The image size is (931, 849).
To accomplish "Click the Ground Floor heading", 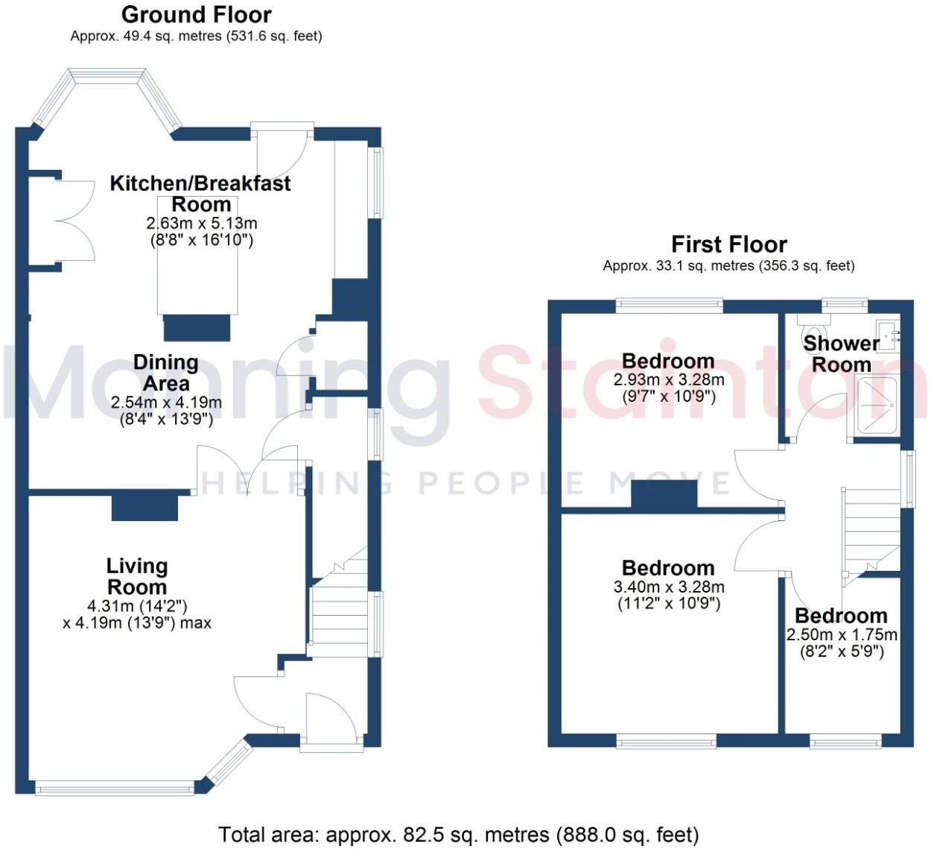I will tap(196, 14).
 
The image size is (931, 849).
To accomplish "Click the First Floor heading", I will tap(728, 244).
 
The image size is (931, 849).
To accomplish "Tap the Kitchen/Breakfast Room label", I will tap(200, 193).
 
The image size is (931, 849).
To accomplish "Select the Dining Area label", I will tap(165, 373).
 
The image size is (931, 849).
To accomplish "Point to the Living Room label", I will tap(137, 575).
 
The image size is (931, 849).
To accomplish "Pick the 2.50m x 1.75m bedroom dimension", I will tap(842, 635).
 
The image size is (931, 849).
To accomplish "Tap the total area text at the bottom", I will tap(459, 834).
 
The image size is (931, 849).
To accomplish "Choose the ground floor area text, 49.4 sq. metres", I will tap(196, 36).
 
